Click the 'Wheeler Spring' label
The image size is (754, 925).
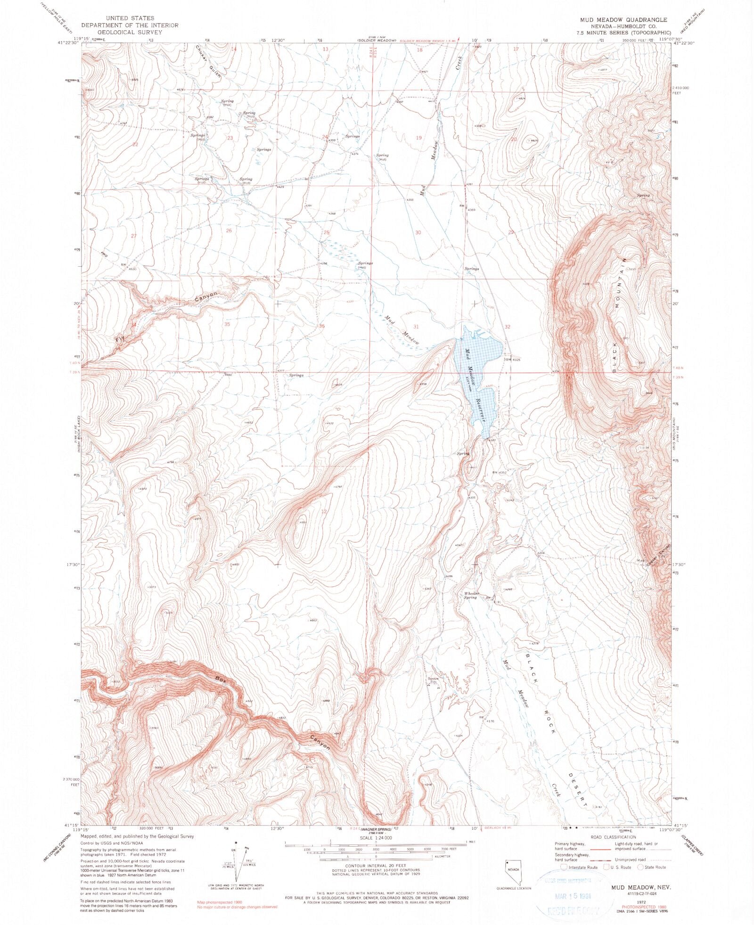point(471,595)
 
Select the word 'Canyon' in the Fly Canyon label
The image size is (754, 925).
point(206,297)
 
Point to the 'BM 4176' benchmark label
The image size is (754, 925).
point(487,720)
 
